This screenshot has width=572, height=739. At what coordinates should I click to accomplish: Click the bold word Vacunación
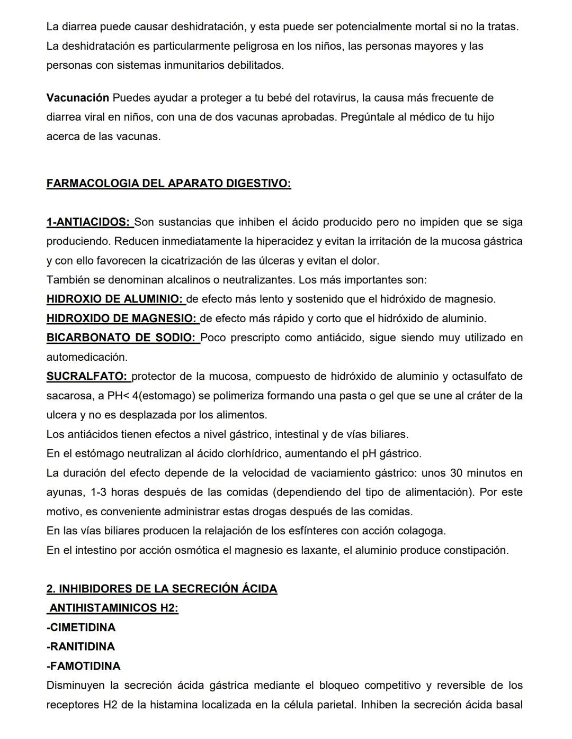coord(77,98)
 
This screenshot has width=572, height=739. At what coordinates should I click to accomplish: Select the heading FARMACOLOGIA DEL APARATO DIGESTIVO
coord(168,184)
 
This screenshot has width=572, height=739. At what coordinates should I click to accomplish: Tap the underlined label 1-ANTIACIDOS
coord(88,222)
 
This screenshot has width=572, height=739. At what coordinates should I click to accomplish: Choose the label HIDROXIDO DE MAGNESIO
coord(121,318)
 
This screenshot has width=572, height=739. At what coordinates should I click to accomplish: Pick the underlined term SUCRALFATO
coord(87,377)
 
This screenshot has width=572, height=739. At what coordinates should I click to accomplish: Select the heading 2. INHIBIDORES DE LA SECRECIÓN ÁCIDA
coord(162,589)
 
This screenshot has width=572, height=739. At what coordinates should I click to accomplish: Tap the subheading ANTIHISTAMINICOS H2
coord(113,608)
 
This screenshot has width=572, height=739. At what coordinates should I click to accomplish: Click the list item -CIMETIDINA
coord(81,627)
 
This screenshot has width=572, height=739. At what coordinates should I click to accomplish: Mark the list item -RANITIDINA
coord(81,646)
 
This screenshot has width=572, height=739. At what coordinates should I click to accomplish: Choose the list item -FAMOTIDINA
coord(84,666)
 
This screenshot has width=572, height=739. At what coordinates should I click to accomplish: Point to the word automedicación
coord(87,357)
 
